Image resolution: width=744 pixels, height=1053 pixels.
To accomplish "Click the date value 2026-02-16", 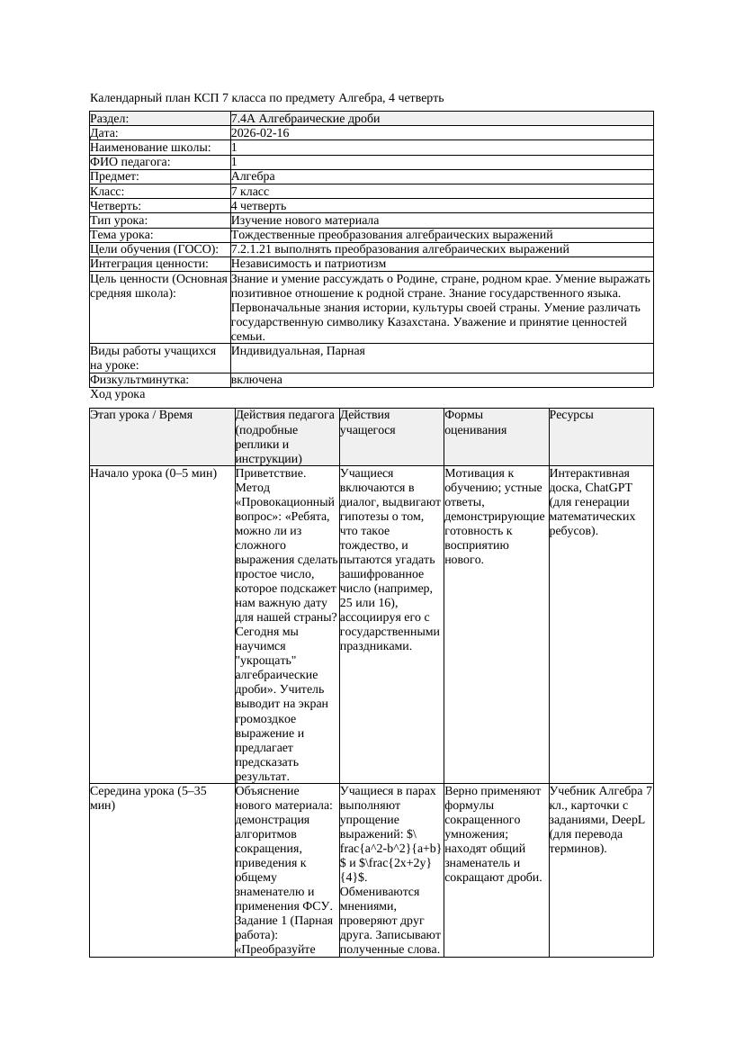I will tap(260, 133).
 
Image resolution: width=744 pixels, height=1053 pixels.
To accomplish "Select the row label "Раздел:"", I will tap(110, 119).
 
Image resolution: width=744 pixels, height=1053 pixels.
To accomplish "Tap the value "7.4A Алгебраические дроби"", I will tap(305, 119).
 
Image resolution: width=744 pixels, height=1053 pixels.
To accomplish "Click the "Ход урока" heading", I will tap(118, 394).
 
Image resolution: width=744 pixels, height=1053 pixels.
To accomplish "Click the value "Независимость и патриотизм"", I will tap(308, 264).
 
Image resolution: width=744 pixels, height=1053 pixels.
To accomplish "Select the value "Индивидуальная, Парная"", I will tap(298, 351).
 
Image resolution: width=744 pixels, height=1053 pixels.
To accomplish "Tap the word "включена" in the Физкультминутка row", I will tap(256, 380).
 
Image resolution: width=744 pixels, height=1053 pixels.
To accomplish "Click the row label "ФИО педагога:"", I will tap(130, 162).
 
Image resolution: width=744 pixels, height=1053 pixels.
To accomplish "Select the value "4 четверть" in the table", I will tap(258, 206).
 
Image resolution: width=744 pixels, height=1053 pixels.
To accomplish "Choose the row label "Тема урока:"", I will tap(124, 235).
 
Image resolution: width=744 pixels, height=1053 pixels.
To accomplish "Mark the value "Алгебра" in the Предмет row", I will tap(253, 176).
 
